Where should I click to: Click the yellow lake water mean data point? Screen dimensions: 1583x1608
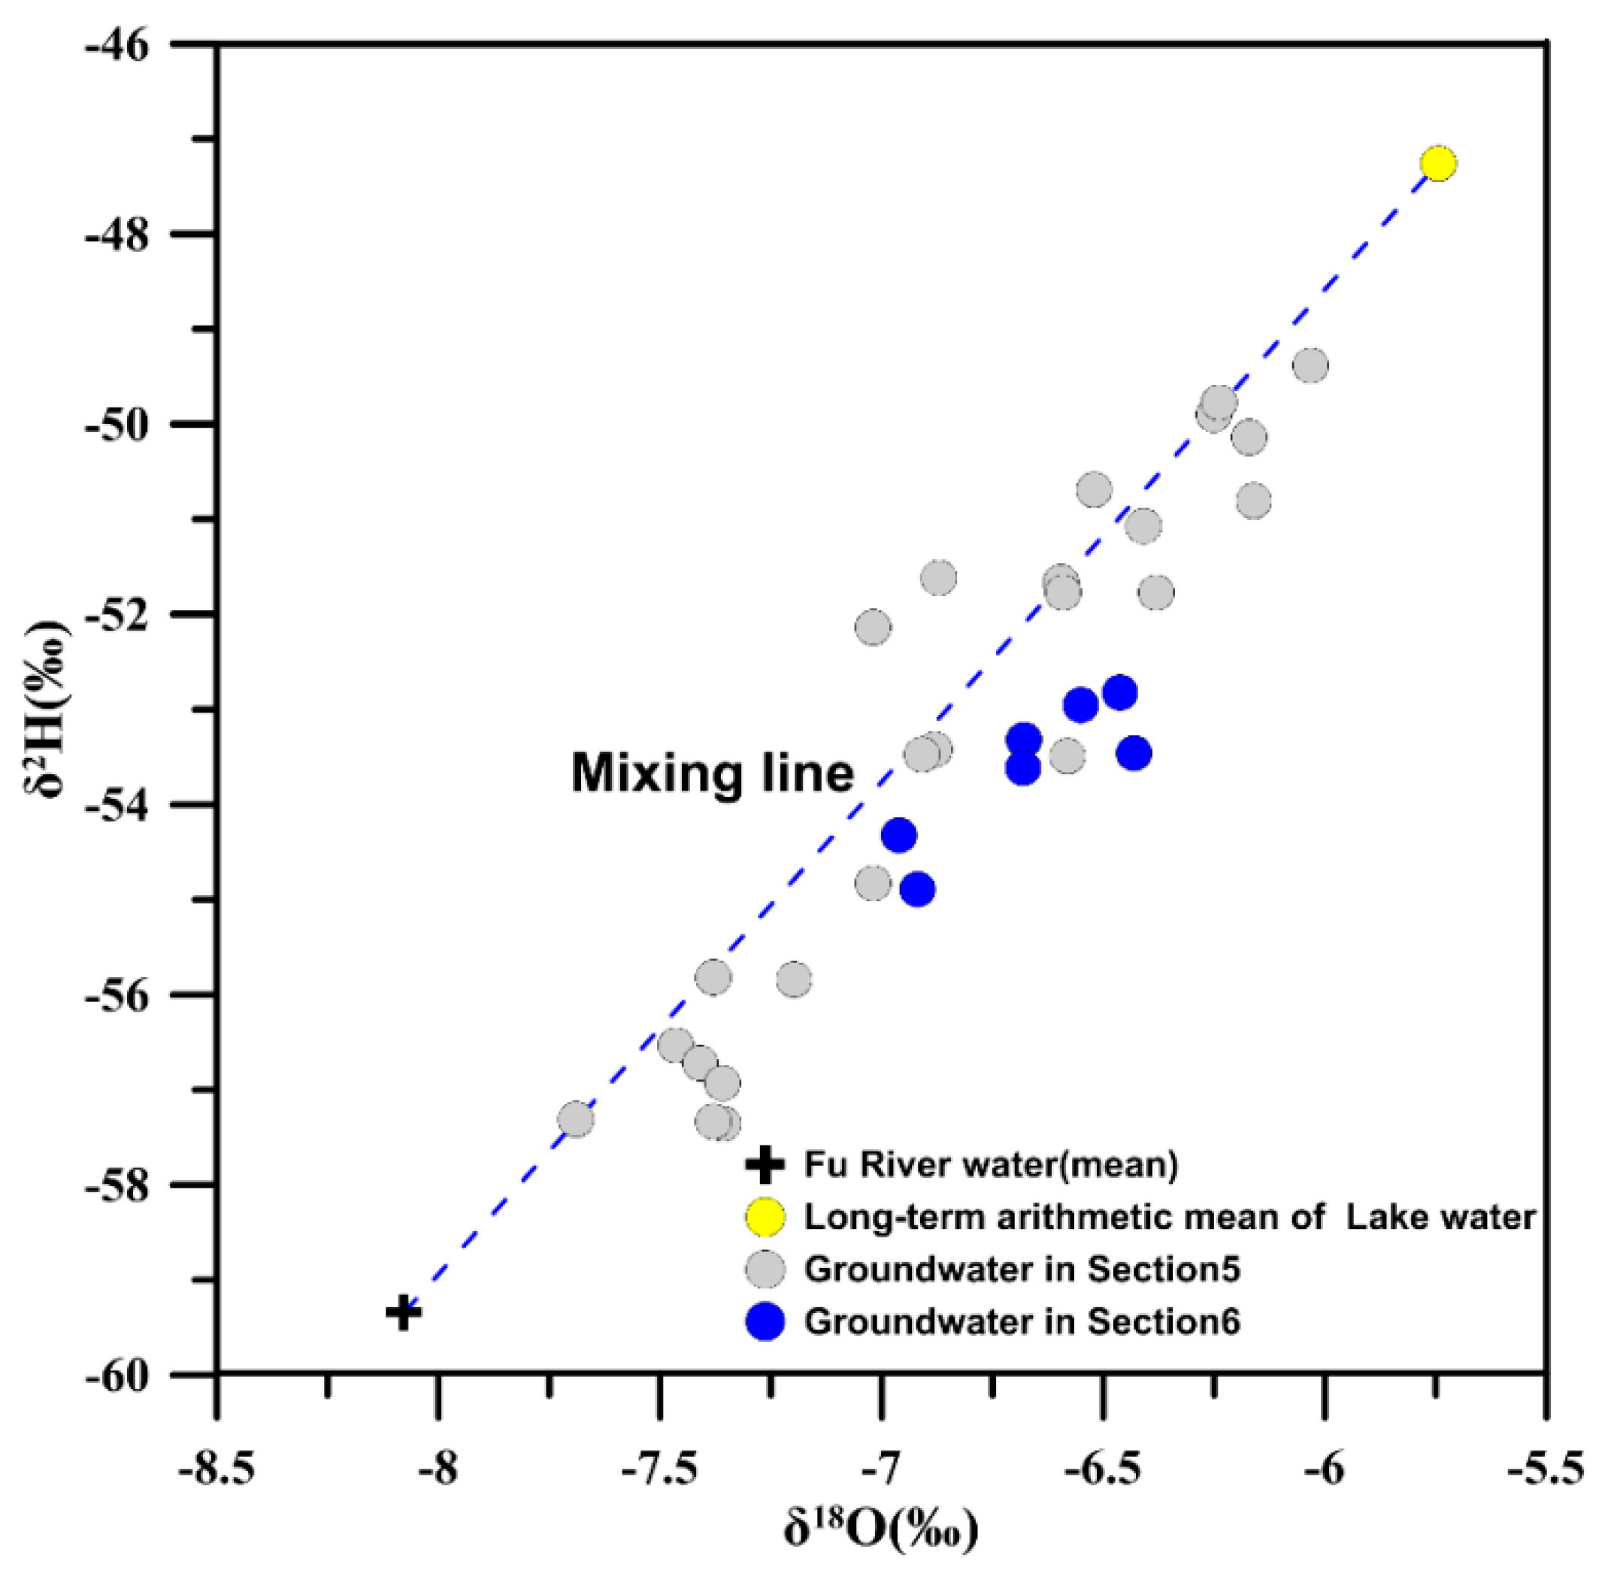pos(1437,164)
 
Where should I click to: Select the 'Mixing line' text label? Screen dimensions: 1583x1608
pos(712,773)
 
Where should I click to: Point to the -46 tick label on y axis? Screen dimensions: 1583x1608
pos(117,44)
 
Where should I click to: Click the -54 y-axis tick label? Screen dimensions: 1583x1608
pos(117,805)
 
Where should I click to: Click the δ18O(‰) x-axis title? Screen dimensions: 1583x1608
pos(880,1530)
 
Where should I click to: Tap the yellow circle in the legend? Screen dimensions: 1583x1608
pos(764,1217)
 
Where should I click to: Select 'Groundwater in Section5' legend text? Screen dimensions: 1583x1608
pos(1022,1270)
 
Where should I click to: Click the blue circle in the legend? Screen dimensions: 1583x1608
pos(764,1321)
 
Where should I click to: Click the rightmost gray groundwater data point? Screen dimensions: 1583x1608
pos(1310,366)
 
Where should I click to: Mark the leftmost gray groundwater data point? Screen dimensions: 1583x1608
pos(575,1119)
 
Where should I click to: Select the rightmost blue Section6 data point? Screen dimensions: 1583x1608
pos(1134,753)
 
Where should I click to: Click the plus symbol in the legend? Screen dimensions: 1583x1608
pos(764,1165)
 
